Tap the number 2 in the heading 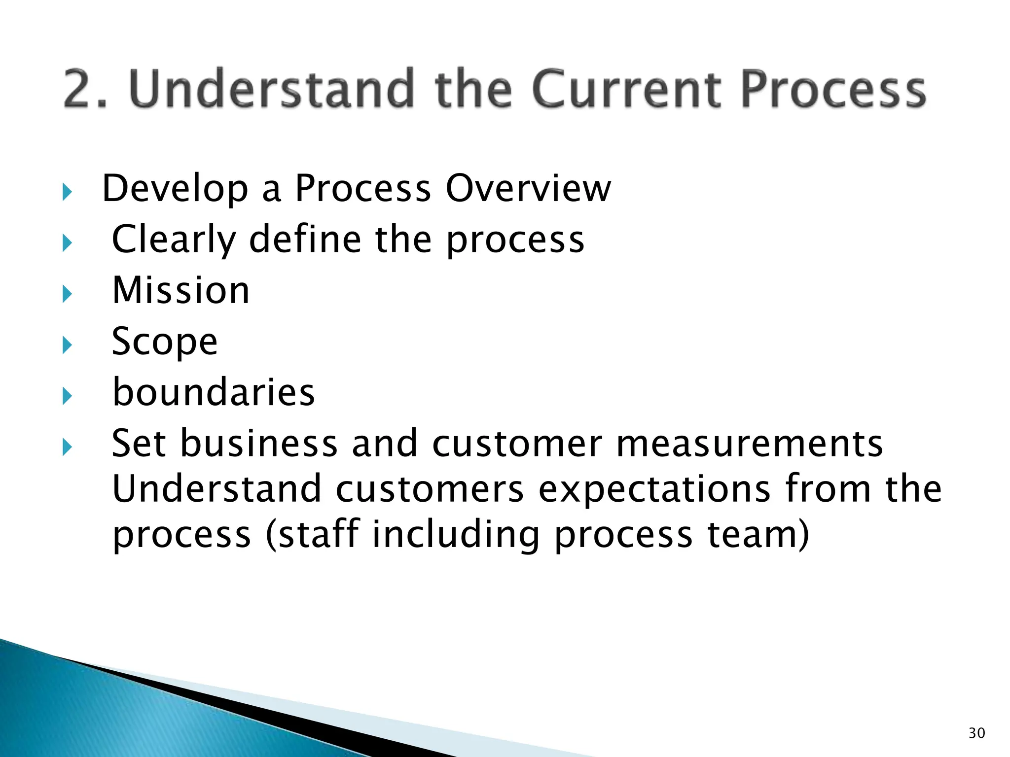(78, 89)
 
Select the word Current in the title (626, 89)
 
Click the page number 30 (976, 733)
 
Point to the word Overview (528, 188)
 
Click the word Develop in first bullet (175, 189)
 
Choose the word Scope (165, 342)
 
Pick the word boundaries (214, 392)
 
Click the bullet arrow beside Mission (68, 294)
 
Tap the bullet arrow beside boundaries (68, 396)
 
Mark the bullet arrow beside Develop (68, 192)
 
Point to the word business (259, 443)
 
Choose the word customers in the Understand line (430, 489)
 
